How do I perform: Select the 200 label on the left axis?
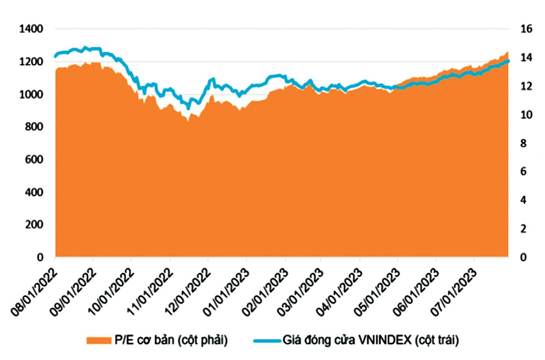click(33, 225)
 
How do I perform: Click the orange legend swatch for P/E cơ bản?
click(97, 340)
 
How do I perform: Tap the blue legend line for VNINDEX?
click(265, 340)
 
